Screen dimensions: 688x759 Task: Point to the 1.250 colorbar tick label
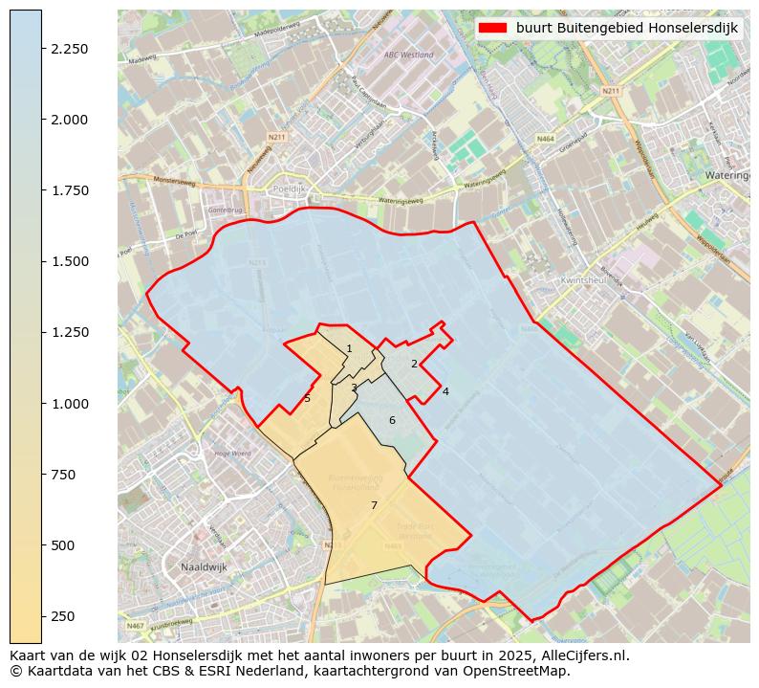[x=69, y=332]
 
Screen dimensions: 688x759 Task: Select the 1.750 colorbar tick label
[x=69, y=190]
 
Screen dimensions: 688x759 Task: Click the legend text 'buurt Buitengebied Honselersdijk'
[x=627, y=29]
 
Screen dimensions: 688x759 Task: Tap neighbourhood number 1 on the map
[x=349, y=349]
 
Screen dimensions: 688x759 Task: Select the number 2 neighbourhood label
[x=414, y=364]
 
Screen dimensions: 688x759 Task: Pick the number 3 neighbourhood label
[x=354, y=388]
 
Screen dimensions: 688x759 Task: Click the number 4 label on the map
[x=445, y=391]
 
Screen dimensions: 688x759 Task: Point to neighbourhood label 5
[x=307, y=399]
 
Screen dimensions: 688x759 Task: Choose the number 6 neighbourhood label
[x=392, y=420]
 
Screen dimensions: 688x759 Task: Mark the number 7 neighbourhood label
[x=374, y=505]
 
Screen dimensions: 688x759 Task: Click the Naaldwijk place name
[x=203, y=567]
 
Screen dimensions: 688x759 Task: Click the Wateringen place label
[x=726, y=176]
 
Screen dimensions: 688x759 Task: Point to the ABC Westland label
[x=408, y=55]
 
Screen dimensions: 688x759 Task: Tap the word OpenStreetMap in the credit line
[x=527, y=672]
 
